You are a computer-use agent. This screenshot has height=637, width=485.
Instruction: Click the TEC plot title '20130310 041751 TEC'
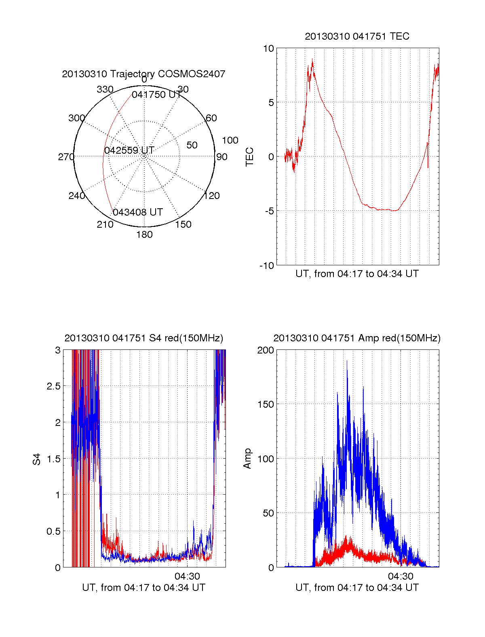click(357, 36)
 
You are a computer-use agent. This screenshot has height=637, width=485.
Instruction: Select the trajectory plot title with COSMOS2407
click(143, 74)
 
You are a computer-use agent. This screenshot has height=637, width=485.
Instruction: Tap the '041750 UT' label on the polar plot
click(157, 95)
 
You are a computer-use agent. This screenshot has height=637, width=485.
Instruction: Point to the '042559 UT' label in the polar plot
click(129, 150)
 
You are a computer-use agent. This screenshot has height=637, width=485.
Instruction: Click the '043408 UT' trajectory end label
click(138, 212)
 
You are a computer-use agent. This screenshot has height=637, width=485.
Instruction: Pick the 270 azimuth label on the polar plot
click(66, 157)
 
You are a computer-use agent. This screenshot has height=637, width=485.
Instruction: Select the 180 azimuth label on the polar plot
click(144, 235)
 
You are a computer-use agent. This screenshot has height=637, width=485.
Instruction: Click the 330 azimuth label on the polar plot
click(105, 89)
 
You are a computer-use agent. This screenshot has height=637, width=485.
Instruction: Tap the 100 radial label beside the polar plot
click(230, 140)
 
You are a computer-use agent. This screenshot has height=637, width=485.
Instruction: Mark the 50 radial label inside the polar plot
click(192, 145)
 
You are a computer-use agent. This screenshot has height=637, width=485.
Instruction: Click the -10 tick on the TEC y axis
click(267, 265)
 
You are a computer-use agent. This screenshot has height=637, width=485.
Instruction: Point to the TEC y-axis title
click(250, 157)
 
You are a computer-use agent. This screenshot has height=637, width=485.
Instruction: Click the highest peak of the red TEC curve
click(312, 59)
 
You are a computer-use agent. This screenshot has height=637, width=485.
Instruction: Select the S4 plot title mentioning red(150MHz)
click(143, 338)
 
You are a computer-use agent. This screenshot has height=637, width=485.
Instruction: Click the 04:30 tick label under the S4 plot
click(187, 576)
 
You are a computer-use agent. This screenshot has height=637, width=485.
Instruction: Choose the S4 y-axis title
click(37, 459)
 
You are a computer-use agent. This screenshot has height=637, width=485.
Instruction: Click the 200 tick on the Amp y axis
click(266, 350)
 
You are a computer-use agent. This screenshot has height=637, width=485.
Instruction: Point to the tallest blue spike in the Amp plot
click(347, 361)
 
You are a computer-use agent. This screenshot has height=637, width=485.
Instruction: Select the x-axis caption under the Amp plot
click(357, 588)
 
